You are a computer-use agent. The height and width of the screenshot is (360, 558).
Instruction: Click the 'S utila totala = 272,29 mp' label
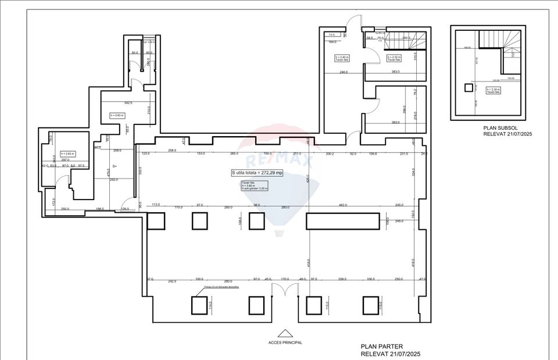coord(256,173)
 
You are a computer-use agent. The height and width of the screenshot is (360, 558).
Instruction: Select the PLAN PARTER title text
coord(381,346)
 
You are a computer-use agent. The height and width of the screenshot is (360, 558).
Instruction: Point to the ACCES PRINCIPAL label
coord(285,343)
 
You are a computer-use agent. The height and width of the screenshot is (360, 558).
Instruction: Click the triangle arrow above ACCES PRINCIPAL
coord(285,333)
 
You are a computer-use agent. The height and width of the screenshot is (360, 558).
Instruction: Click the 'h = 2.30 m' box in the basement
coord(493,91)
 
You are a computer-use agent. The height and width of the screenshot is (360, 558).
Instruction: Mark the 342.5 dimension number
coord(121,103)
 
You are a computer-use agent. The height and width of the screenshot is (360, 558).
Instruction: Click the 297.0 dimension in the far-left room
coord(65,159)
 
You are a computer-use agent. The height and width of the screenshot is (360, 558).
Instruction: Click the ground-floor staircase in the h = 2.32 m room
coord(407,42)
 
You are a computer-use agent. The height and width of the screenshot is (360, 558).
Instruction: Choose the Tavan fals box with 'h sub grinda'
coord(251,185)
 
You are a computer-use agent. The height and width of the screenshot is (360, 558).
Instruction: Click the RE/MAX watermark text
coord(279,160)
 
